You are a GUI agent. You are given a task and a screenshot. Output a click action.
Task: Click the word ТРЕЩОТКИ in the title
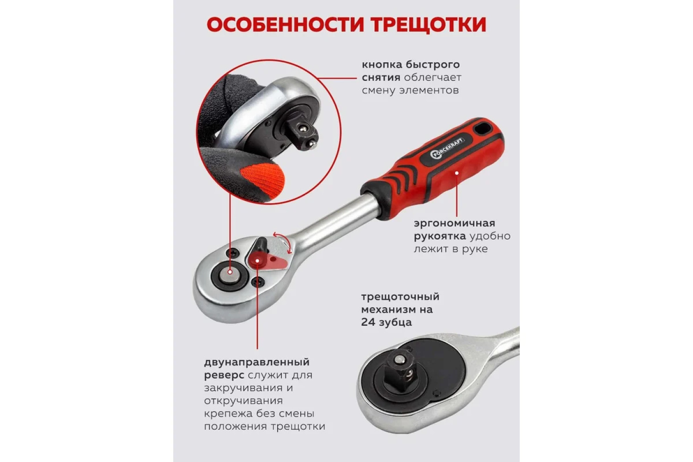pyautogui.click(x=429, y=25)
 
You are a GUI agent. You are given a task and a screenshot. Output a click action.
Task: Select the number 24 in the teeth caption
pyautogui.click(x=367, y=322)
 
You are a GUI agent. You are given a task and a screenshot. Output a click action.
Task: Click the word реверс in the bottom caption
pyautogui.click(x=224, y=375)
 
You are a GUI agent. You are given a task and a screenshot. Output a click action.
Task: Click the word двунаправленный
pyautogui.click(x=257, y=362)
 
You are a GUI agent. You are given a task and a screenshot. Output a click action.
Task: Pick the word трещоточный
pyautogui.click(x=400, y=297)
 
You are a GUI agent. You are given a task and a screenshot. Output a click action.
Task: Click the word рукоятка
pyautogui.click(x=440, y=236)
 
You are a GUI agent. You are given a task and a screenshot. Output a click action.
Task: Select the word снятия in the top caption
pyautogui.click(x=381, y=77)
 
